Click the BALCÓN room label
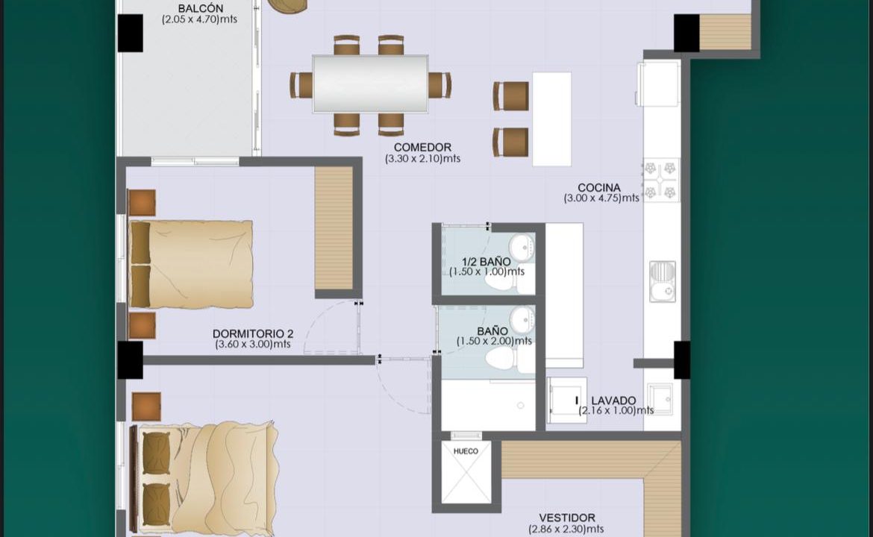pyautogui.click(x=201, y=8)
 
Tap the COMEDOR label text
pyautogui.click(x=422, y=148)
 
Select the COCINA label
pyautogui.click(x=599, y=187)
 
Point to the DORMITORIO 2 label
pyautogui.click(x=253, y=334)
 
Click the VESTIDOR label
pyautogui.click(x=567, y=518)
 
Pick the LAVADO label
pyautogui.click(x=613, y=401)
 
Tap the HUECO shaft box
pyautogui.click(x=466, y=472)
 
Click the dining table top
pyautogui.click(x=370, y=84)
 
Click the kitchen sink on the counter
pyautogui.click(x=663, y=282)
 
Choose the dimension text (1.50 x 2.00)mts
pyautogui.click(x=494, y=341)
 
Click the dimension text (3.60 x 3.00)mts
pyautogui.click(x=253, y=345)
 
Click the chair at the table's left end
pyautogui.click(x=301, y=85)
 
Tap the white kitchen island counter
pyautogui.click(x=551, y=119)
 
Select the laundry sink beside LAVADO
pyautogui.click(x=660, y=398)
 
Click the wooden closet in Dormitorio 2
pyautogui.click(x=334, y=228)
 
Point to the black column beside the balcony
pyautogui.click(x=131, y=34)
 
